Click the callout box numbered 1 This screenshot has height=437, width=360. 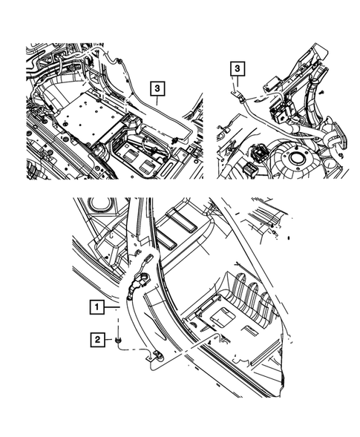[96, 307]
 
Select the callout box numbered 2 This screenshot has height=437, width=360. [97, 340]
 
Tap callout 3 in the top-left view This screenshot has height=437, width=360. [157, 88]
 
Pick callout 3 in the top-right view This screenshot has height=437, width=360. [238, 68]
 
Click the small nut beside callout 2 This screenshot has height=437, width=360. [118, 340]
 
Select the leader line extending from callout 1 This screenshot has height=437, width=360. [111, 307]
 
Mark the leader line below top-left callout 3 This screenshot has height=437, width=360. [157, 100]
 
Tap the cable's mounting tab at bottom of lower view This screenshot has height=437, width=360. [156, 356]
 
